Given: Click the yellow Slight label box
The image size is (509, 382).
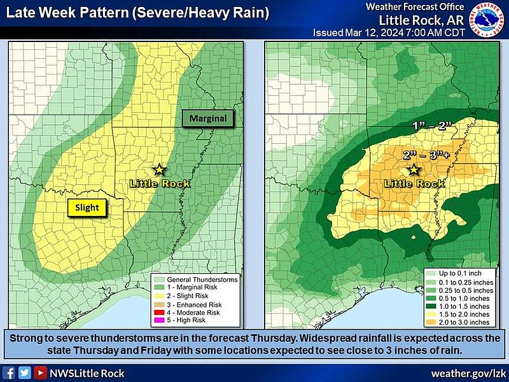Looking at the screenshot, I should [x=88, y=207].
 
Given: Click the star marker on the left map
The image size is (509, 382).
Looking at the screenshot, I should [x=159, y=169].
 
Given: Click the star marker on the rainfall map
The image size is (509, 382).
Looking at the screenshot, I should [x=414, y=169].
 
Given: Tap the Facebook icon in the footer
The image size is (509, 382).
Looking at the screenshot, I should [x=10, y=373].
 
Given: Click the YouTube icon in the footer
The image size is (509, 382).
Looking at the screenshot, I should [x=40, y=373].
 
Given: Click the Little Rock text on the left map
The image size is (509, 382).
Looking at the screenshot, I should [x=160, y=183].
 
